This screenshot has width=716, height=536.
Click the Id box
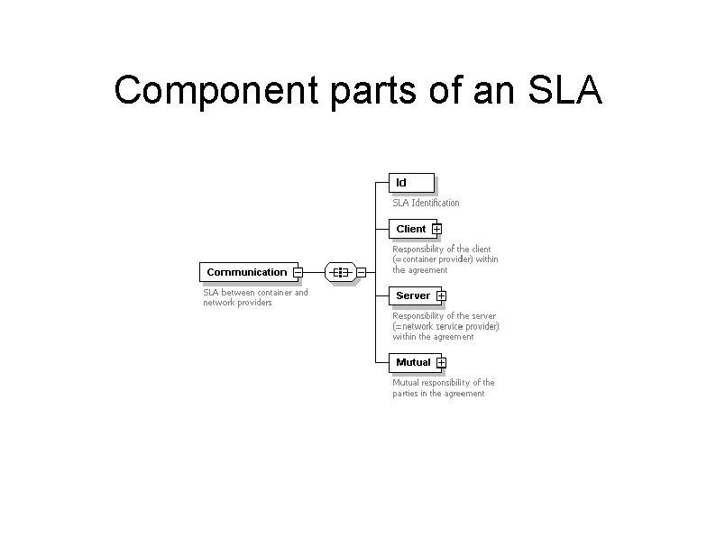coord(411,183)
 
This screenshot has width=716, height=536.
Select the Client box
coord(411,229)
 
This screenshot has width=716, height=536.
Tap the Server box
coord(413,295)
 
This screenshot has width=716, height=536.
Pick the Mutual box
coord(413,362)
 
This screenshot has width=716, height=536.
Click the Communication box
coord(246,271)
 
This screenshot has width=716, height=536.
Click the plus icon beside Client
coord(437,230)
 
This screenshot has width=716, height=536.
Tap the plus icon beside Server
coord(441,296)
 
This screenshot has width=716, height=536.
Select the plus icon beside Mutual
coord(441,363)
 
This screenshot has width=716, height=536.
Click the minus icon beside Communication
coord(298,272)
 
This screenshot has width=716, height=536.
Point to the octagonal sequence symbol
coord(339,271)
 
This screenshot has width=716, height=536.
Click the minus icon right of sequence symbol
coord(361,272)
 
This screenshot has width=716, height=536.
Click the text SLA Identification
coord(426,204)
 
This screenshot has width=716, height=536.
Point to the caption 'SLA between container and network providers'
coord(255,297)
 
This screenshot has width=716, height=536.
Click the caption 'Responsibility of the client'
coord(442,249)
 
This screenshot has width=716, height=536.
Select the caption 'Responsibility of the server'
coord(443,316)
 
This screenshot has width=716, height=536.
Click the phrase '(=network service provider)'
coord(445,326)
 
